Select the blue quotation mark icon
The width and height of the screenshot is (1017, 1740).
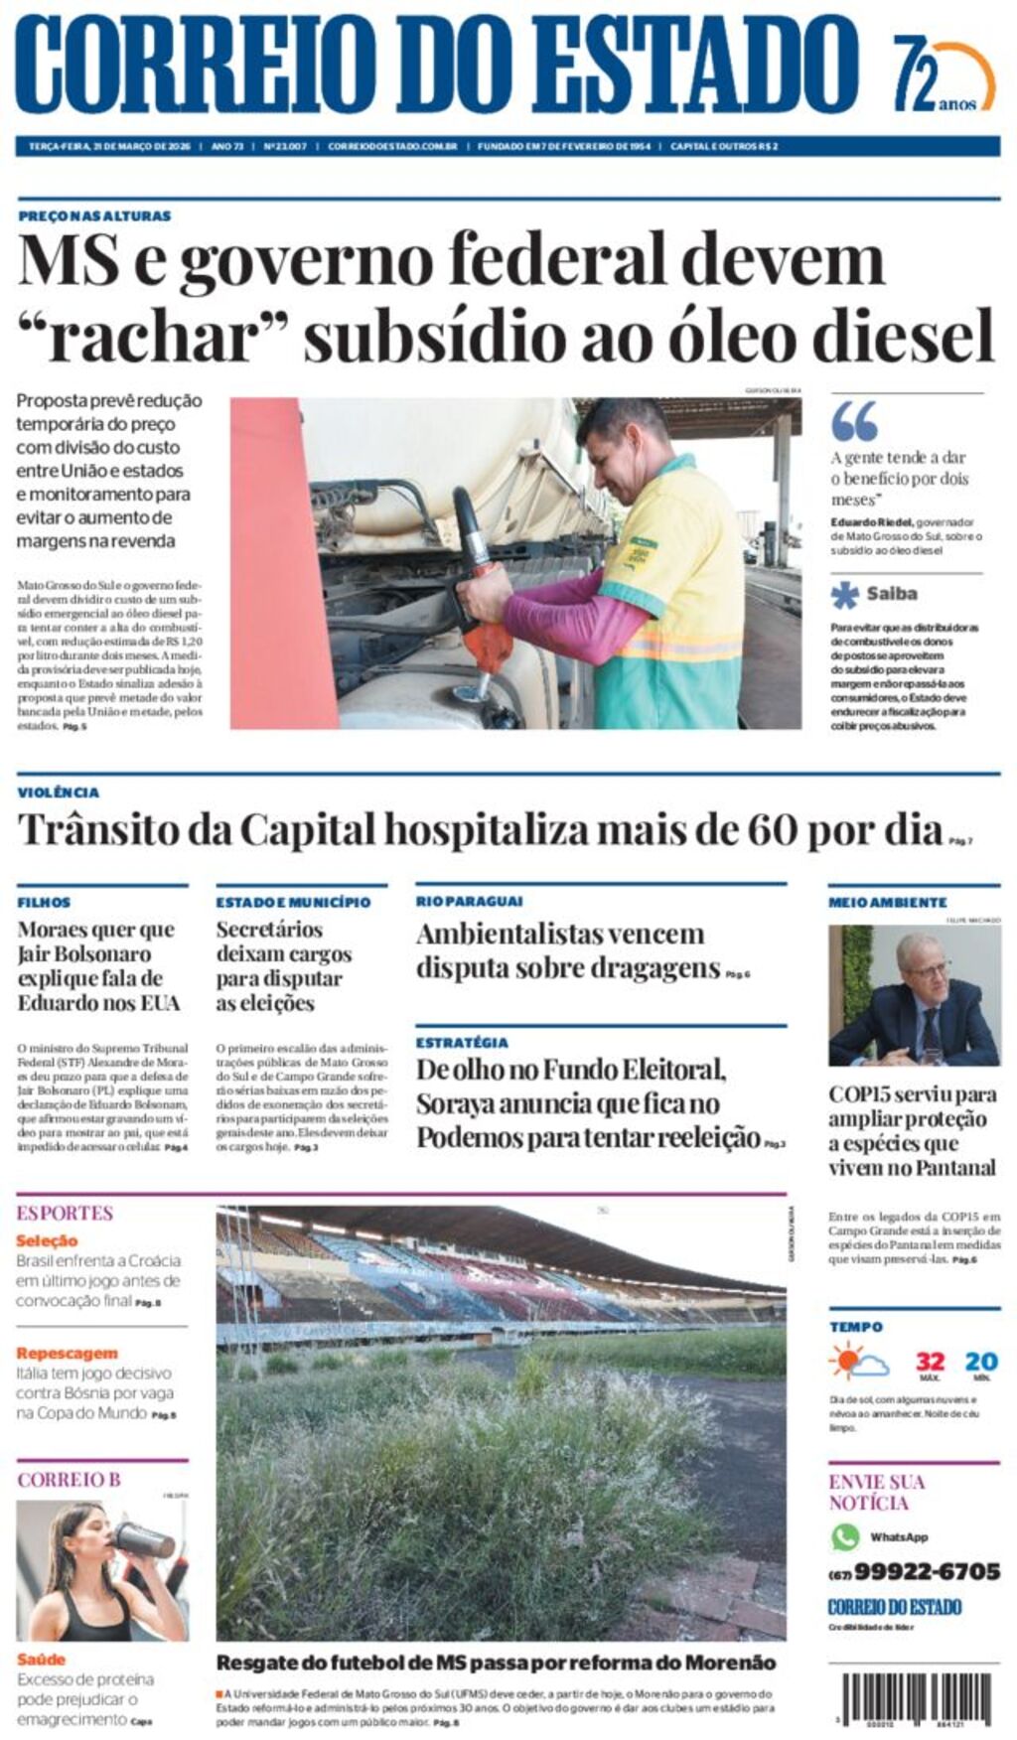pos(854,421)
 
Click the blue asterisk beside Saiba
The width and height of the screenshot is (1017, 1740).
pos(845,594)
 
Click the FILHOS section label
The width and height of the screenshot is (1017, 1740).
pos(44,902)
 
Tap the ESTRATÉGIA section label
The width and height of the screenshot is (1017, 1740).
pos(462,1043)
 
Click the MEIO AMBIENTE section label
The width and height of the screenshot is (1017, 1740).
pos(888,902)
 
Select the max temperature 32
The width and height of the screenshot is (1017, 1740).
pos(930,1362)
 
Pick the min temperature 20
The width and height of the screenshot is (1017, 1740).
pos(981,1362)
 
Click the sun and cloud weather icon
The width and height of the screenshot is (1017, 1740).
pos(858,1362)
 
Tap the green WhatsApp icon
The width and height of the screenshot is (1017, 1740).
pos(845,1536)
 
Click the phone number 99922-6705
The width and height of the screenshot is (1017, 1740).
pos(926,1571)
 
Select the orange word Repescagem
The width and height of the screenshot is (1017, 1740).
pos(67,1353)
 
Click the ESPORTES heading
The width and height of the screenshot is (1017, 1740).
pos(65,1213)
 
